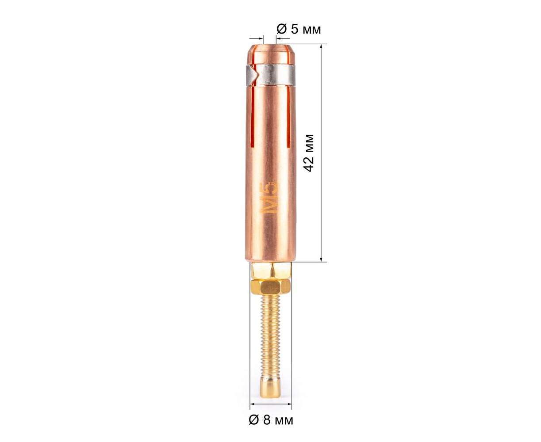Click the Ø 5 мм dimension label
tap(299, 30)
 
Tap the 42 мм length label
tap(308, 152)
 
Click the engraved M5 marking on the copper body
tap(269, 198)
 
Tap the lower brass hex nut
tap(270, 287)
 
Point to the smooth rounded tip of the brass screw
tap(270, 392)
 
